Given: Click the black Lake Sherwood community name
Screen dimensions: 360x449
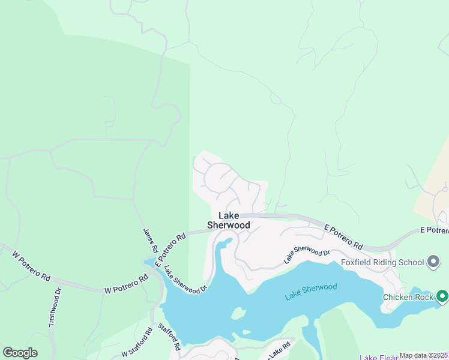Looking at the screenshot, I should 229,220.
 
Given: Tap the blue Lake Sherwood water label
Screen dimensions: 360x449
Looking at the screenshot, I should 310,292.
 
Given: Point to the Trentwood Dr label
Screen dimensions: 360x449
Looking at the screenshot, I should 55,307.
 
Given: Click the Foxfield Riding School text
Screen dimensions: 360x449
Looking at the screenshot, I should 382,262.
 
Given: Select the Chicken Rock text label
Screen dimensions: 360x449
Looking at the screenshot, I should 408,296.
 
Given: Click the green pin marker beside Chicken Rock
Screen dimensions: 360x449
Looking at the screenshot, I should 442,296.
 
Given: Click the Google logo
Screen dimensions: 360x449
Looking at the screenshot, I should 20,353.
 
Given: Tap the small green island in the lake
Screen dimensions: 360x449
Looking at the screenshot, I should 238,313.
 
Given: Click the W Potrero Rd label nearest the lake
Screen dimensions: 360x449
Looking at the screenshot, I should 126,284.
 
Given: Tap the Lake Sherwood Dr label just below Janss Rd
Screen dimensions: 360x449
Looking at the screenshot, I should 185,280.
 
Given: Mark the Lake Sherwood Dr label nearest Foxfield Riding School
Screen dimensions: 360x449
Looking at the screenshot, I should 307,255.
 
